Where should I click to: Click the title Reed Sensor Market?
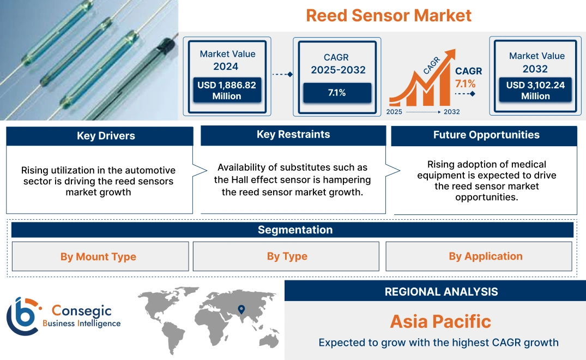pos(388,15)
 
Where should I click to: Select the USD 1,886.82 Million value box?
pos(227,91)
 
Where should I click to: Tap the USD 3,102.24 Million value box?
pos(535,91)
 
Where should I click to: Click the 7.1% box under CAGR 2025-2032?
pos(337,93)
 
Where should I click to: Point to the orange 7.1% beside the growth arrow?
pos(465,83)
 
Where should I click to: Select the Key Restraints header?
pos(293,135)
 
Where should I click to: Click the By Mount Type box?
pos(99,257)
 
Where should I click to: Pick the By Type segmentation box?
pos(287,256)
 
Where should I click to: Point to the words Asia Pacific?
pos(440,321)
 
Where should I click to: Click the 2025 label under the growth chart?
pos(395,112)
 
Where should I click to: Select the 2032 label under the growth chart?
pos(451,112)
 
